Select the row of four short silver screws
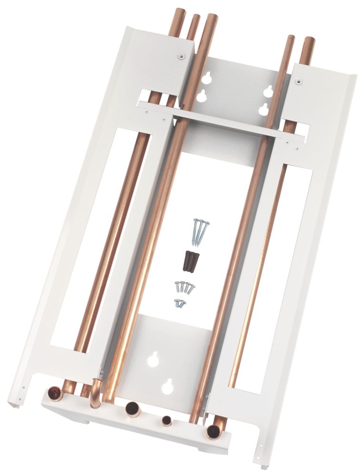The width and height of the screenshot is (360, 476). point(185,287)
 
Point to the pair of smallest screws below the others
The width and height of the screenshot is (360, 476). point(180,302)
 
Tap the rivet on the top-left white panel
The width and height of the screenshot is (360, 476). point(180,57)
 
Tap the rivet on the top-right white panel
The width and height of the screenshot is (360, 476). point(298,82)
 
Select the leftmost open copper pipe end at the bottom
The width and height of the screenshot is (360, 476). point(57,394)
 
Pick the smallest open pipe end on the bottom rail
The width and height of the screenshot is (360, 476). point(167,421)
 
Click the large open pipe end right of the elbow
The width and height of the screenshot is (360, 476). point(132,408)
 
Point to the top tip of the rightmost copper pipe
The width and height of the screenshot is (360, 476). point(308,40)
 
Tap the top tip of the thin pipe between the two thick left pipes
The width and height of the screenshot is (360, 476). point(195,18)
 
